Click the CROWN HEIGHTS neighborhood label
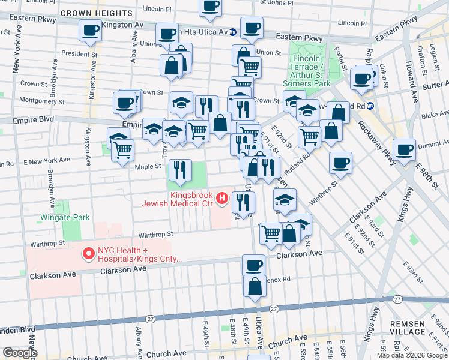(96, 13)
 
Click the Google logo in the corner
(20, 353)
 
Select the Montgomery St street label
(37, 100)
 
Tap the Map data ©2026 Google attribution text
(411, 355)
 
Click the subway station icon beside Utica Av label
(232, 31)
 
